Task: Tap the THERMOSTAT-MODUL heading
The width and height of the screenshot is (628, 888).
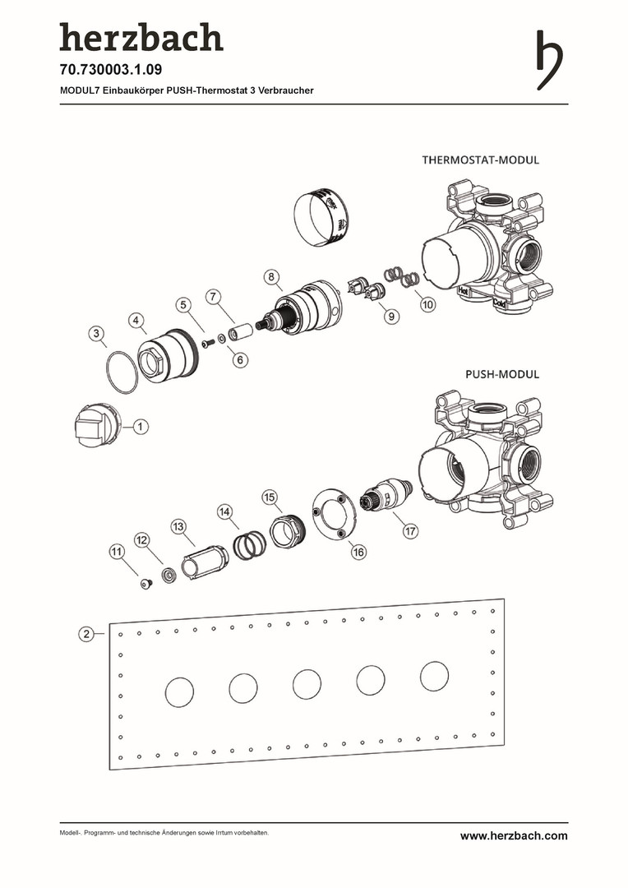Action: pos(480,160)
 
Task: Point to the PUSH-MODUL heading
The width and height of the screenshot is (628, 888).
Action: pos(502,374)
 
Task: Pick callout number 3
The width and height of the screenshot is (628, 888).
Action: pos(97,334)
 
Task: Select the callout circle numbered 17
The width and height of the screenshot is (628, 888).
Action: pos(410,531)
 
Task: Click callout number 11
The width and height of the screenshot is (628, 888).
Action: pos(117,553)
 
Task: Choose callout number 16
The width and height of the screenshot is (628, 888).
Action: pos(358,553)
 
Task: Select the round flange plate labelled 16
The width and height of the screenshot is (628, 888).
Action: pos(334,516)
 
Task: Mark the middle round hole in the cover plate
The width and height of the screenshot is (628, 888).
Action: pos(307,685)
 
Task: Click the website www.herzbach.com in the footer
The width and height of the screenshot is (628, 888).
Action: pos(514,835)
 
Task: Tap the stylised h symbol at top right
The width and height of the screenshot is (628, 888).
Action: pos(549,59)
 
